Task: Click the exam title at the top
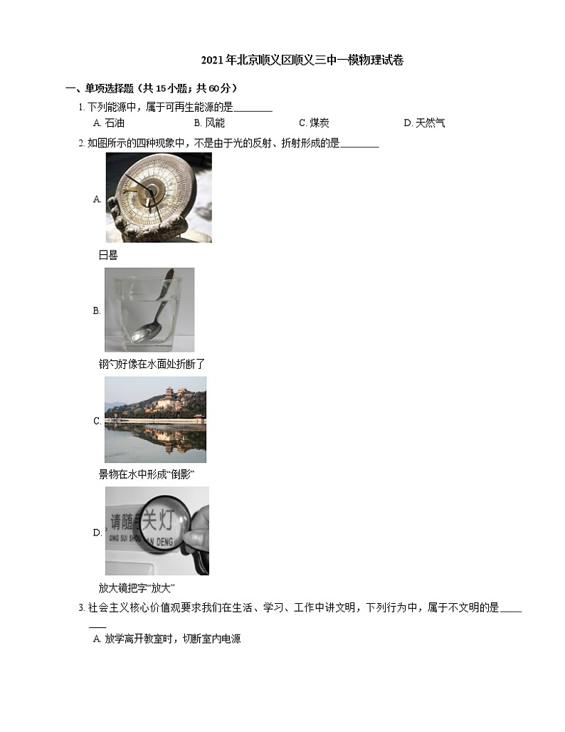302,61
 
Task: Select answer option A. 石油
109,123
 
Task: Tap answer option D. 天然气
424,123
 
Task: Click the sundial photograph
158,197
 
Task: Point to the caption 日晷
108,255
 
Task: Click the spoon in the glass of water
152,313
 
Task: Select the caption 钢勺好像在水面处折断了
152,364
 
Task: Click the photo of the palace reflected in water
155,419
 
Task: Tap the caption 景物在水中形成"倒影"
147,474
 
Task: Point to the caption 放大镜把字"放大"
137,588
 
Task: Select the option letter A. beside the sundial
97,199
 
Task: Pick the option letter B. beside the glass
97,310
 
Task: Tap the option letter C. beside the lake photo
97,421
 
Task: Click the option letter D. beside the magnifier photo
97,532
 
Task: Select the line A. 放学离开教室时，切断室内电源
167,639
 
